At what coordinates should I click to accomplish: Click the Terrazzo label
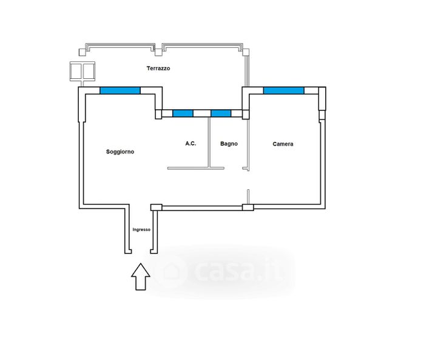pyautogui.click(x=158, y=69)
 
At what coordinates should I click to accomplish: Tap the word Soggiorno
pyautogui.click(x=120, y=152)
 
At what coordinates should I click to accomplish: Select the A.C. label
pyautogui.click(x=190, y=144)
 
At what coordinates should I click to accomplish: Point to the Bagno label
pyautogui.click(x=229, y=144)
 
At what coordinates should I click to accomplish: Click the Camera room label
pyautogui.click(x=283, y=144)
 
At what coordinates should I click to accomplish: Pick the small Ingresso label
pyautogui.click(x=141, y=229)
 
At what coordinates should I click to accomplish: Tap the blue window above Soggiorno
pyautogui.click(x=120, y=91)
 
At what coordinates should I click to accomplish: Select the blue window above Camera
pyautogui.click(x=283, y=91)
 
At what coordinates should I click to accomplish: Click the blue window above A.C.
pyautogui.click(x=183, y=113)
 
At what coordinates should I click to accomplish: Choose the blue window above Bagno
pyautogui.click(x=221, y=113)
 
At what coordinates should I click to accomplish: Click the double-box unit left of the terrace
pyautogui.click(x=83, y=72)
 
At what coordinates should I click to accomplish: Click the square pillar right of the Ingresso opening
pyautogui.click(x=156, y=207)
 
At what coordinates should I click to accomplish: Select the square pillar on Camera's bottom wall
pyautogui.click(x=248, y=207)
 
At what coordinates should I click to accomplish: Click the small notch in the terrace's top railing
pyautogui.click(x=159, y=47)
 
